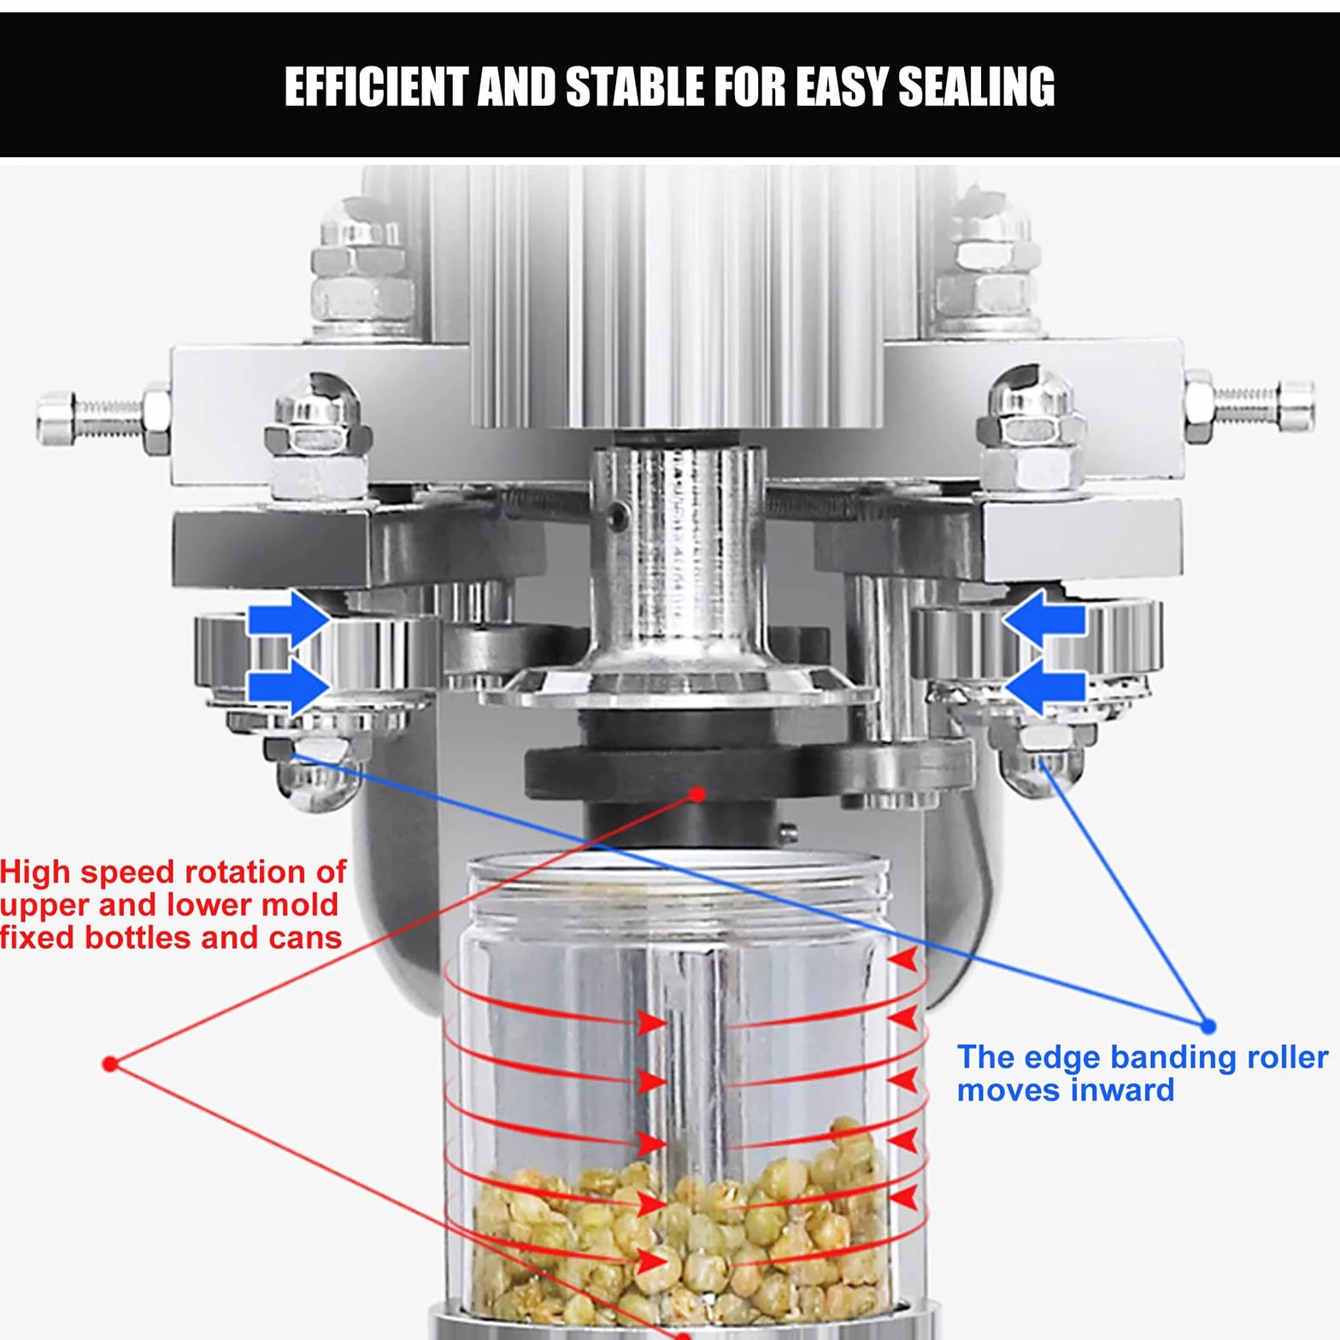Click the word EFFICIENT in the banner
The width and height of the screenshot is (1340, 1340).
(x=376, y=87)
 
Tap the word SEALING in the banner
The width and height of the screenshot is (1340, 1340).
(x=977, y=87)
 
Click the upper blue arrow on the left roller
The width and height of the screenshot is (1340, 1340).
(x=289, y=619)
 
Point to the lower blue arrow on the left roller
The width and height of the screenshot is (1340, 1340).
(x=289, y=686)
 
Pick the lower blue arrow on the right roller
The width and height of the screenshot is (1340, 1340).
(x=1044, y=686)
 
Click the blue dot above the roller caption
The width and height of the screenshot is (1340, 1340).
(x=1208, y=1026)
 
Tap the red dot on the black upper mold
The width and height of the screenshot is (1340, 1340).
(x=697, y=794)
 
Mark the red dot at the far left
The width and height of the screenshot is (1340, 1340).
(x=110, y=1064)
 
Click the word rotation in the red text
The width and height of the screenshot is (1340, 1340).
(x=241, y=873)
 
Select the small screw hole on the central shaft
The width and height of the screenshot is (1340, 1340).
(x=617, y=514)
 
